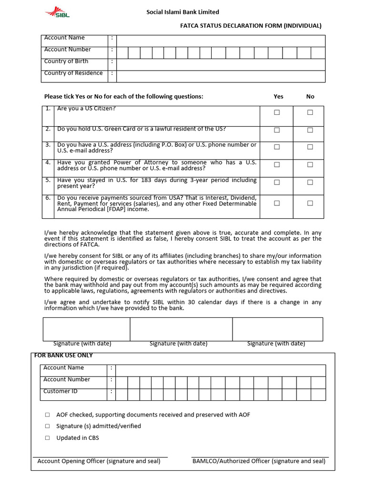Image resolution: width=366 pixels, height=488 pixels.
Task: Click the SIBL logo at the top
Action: click(x=58, y=12)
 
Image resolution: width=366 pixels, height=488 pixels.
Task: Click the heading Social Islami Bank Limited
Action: click(x=183, y=12)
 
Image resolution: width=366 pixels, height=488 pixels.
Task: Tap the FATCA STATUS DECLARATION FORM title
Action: click(x=250, y=26)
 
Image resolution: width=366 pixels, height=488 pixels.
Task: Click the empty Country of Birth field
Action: click(x=221, y=64)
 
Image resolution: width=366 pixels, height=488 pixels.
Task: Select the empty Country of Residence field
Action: click(x=221, y=76)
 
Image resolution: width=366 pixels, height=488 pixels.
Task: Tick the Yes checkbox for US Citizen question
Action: click(x=276, y=112)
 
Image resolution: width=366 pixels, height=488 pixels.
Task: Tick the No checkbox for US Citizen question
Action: click(x=310, y=112)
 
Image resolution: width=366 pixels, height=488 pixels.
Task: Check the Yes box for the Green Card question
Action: click(x=276, y=130)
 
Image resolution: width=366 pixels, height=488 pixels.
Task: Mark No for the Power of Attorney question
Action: click(x=310, y=164)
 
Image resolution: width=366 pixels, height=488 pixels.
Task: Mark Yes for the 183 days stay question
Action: click(x=276, y=182)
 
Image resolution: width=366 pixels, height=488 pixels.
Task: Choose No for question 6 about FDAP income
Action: click(x=310, y=203)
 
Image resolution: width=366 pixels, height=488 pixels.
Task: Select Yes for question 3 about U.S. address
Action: click(x=276, y=147)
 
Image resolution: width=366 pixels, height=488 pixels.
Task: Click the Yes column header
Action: click(x=278, y=96)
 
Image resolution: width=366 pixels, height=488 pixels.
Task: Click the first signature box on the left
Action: click(x=86, y=329)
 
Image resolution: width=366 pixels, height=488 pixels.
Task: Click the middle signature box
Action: click(x=181, y=329)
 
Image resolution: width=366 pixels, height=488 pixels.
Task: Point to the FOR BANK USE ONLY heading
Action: click(x=63, y=356)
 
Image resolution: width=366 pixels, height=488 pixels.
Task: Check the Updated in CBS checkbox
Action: click(x=47, y=438)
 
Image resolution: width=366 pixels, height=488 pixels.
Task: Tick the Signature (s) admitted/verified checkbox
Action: click(x=47, y=426)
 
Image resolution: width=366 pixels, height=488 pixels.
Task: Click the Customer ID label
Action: click(x=60, y=391)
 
